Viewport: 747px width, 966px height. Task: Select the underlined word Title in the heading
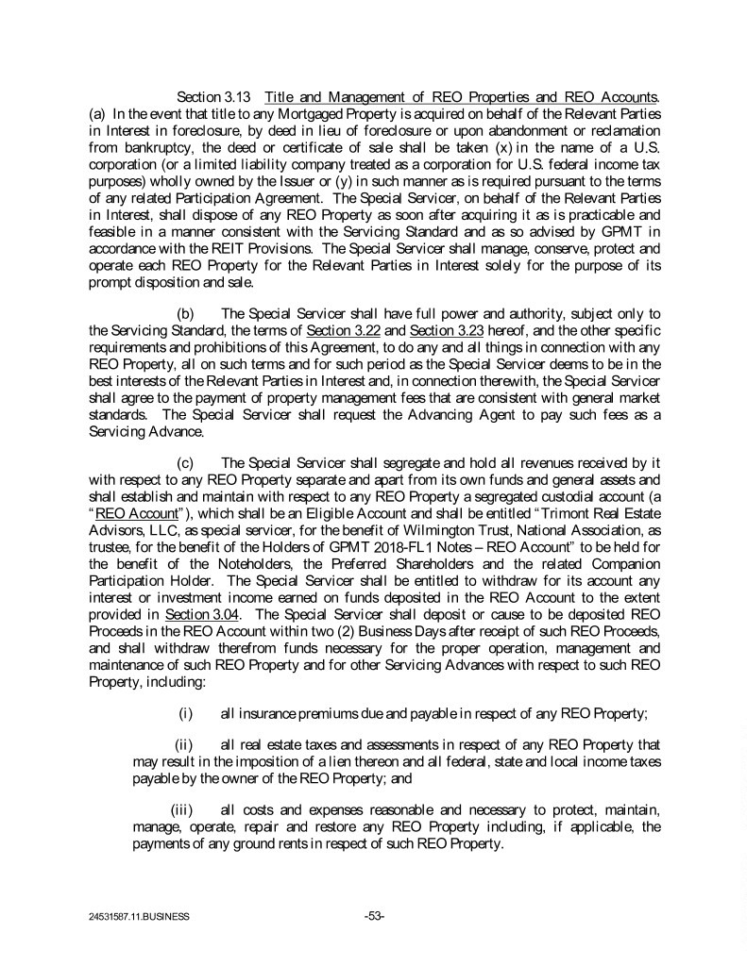280,97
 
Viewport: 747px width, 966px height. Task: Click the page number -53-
374,914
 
